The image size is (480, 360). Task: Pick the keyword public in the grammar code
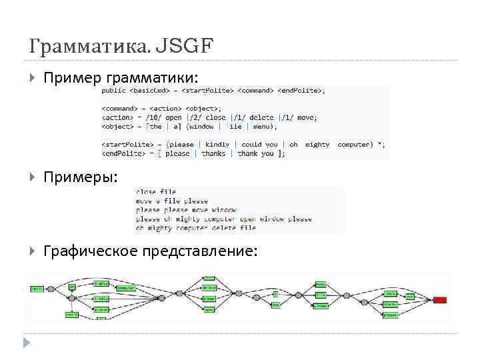point(113,91)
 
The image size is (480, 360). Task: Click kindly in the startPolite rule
point(217,144)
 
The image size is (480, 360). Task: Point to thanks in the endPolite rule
point(214,153)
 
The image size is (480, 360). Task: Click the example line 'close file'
point(156,192)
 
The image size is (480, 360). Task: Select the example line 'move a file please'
point(172,201)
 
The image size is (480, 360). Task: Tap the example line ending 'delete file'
point(196,228)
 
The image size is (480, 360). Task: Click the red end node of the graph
point(439,300)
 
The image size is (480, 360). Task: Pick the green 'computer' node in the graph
point(125,288)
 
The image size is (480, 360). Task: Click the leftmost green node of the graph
point(37,289)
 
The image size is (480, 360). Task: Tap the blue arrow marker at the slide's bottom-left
point(27,343)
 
